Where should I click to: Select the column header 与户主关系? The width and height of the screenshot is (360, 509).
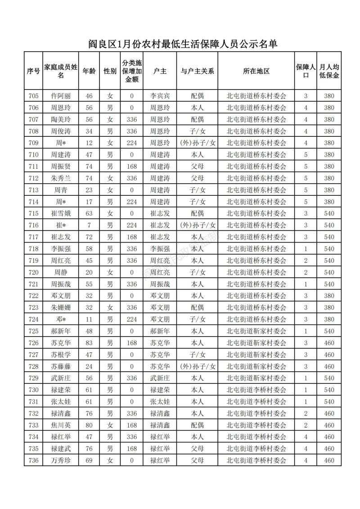pos(197,71)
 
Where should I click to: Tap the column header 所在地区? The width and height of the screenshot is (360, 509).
pos(256,71)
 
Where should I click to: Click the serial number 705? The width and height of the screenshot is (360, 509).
pos(33,96)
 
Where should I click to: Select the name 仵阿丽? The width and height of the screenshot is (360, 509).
pos(61,96)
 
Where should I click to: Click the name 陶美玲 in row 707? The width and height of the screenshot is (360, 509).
pos(61,119)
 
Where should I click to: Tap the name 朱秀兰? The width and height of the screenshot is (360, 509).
pos(61,178)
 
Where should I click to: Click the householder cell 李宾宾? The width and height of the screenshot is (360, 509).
pos(160,96)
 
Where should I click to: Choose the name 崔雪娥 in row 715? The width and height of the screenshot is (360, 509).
pos(61,213)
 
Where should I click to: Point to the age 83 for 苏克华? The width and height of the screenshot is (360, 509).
pos(89,343)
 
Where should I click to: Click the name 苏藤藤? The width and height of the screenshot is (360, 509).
pos(61,366)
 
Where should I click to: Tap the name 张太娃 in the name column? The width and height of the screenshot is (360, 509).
pos(61,401)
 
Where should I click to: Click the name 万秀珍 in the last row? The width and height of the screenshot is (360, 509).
pos(61,460)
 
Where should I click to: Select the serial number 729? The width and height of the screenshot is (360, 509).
pos(33,378)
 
